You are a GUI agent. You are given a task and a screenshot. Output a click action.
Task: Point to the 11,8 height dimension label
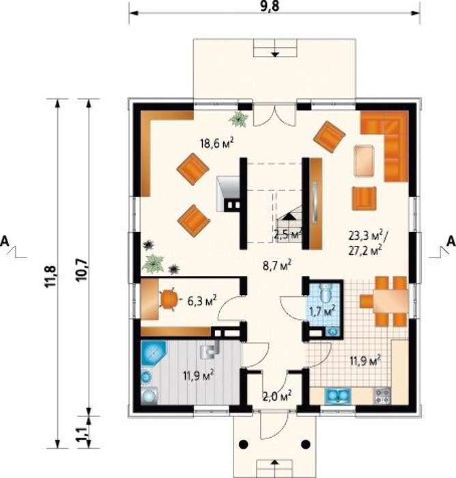click(51, 276)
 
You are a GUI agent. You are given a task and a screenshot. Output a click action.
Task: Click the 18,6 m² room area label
click(216, 143)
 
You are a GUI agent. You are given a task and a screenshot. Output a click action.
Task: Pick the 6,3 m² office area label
click(201, 301)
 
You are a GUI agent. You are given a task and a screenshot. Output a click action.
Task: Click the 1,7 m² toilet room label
click(322, 312)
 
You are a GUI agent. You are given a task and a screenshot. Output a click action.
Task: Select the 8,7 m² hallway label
click(276, 265)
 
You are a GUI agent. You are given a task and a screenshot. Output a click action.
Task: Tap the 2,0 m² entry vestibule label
click(276, 396)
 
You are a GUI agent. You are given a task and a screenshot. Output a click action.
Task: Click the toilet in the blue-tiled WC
click(326, 292)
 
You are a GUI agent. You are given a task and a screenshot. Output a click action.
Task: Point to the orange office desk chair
click(168, 299)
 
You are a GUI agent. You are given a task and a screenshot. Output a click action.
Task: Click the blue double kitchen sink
click(338, 395)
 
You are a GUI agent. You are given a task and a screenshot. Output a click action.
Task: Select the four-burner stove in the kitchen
click(381, 395)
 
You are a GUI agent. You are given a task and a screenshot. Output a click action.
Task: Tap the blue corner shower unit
click(154, 353)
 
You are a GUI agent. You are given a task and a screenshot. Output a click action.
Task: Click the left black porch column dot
click(243, 445)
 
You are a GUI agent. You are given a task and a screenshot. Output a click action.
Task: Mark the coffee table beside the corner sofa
click(365, 160)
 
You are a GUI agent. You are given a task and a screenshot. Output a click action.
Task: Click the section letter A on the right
click(451, 241)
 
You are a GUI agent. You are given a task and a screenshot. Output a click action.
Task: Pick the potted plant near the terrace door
click(239, 119)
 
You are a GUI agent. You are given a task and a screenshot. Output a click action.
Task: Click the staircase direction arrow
click(288, 216)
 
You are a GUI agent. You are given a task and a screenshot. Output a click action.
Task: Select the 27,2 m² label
click(365, 251)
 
